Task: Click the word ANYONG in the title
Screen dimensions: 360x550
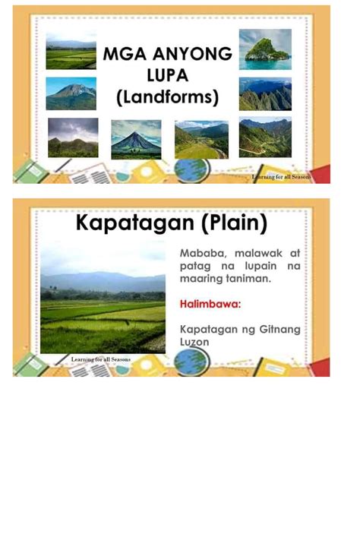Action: (192, 54)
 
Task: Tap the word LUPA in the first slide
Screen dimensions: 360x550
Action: (168, 75)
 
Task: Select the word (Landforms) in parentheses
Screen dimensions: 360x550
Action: (168, 97)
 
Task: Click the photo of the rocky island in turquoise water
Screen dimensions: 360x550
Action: (265, 49)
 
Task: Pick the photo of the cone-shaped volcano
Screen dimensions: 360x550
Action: (137, 140)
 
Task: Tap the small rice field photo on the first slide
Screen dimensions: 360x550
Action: (71, 51)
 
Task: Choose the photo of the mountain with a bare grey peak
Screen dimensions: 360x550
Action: (71, 93)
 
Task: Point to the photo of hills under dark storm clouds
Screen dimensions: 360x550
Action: (73, 137)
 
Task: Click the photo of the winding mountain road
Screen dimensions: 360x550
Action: (265, 137)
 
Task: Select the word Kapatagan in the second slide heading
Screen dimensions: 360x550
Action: (134, 223)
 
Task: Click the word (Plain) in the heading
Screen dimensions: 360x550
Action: (234, 223)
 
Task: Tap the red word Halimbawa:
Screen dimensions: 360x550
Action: (210, 304)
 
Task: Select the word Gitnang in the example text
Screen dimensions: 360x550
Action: (279, 330)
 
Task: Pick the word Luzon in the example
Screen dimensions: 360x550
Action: (194, 342)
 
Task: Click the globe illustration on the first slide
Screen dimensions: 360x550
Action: (191, 169)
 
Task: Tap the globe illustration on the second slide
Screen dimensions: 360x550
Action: (192, 362)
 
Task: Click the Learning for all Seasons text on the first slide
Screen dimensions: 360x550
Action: (281, 177)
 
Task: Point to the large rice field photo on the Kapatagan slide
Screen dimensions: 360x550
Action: (103, 297)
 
